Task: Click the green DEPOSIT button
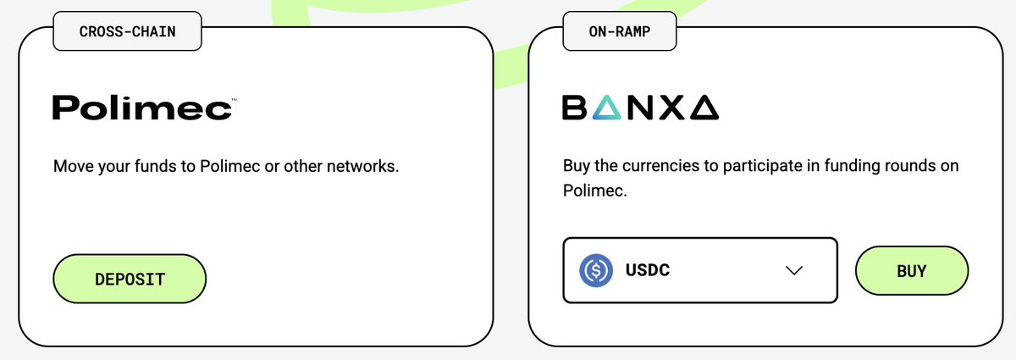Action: [130, 279]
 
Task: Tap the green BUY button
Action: [911, 272]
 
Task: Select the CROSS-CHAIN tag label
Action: [127, 32]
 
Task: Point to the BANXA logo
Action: [641, 108]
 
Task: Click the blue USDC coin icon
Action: [596, 271]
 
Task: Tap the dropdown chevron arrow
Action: [793, 271]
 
